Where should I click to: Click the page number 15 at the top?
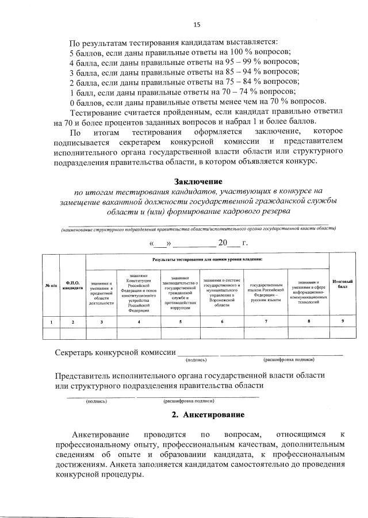[197, 24]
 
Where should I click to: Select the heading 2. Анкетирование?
[208, 415]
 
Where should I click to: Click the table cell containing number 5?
[180, 322]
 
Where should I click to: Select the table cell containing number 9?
[342, 322]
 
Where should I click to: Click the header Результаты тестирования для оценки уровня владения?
[207, 260]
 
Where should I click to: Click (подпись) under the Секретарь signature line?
[195, 360]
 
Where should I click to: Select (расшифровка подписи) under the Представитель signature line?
[189, 401]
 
